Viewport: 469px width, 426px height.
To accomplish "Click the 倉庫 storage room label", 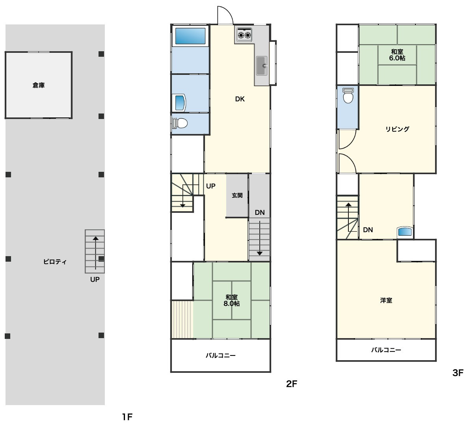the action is click(39, 85).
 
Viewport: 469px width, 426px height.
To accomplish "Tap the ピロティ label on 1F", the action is click(55, 262).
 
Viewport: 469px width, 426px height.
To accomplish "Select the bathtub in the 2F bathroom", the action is click(190, 36).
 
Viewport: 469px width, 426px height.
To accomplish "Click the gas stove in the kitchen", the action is click(244, 35).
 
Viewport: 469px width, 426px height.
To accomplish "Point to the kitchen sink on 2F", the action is click(262, 66).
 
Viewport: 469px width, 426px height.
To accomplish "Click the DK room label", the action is click(240, 99).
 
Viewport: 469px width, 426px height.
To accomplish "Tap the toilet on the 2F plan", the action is click(180, 123).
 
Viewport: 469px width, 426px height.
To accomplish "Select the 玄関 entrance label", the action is click(237, 195).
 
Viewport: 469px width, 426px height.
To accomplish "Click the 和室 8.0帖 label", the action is click(232, 300).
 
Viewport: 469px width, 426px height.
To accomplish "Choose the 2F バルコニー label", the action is click(220, 355).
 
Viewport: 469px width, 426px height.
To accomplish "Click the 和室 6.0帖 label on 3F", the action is click(397, 55).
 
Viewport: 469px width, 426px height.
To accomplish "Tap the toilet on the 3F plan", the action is click(348, 95).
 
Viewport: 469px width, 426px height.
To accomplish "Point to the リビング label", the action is click(397, 129).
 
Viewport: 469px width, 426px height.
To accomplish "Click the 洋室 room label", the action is click(386, 300).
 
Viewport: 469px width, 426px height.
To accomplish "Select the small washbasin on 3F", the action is click(405, 232).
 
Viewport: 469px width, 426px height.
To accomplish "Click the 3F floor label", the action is click(458, 373).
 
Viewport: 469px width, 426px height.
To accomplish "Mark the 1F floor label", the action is click(127, 417).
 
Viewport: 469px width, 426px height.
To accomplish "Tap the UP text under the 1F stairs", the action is click(95, 279).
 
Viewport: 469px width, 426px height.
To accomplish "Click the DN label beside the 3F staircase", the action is click(368, 230).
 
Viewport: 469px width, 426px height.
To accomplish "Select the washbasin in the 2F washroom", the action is click(179, 103).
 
